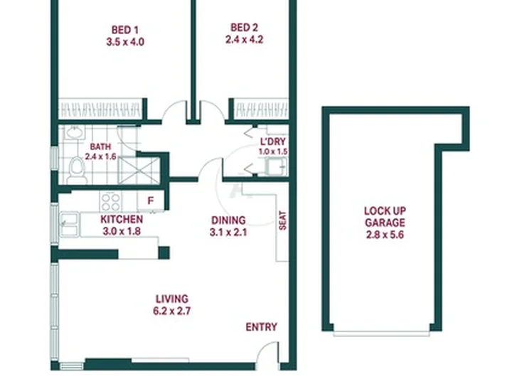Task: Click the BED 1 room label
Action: pos(125,30)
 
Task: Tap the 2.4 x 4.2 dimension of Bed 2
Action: pos(244,40)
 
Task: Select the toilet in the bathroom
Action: pos(77,170)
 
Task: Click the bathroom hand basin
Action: pos(75,132)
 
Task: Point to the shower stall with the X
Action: pos(139,170)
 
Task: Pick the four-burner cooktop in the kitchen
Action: pos(111,202)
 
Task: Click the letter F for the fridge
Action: pos(150,201)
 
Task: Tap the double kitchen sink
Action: pos(70,224)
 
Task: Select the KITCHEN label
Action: pos(122,219)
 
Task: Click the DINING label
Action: pos(228,220)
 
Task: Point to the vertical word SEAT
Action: pos(282,220)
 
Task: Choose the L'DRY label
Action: pos(273,142)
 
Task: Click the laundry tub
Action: pos(276,166)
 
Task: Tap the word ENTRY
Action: pos(261,327)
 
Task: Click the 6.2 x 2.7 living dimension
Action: pos(172,311)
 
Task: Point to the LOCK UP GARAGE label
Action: pos(385,217)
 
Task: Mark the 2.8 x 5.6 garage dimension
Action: pos(385,235)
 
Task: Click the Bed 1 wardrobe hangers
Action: pos(100,110)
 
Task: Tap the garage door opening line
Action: pos(381,334)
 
